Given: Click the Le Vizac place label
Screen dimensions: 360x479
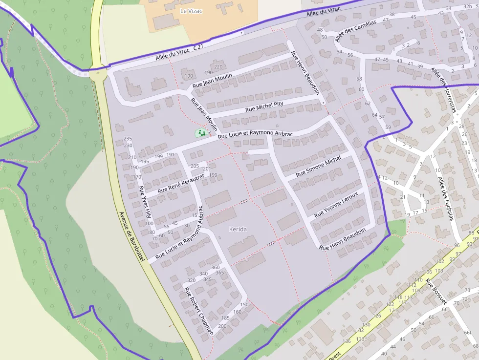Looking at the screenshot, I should coord(191,10).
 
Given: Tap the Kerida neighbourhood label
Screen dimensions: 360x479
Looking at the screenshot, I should coord(238,229).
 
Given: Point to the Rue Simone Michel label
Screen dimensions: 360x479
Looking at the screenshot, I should coord(318,167).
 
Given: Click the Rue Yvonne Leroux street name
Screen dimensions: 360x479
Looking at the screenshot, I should coord(336,204).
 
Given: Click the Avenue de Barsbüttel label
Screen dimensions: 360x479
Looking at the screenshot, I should coord(131,237).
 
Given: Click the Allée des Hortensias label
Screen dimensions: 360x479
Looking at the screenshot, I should coord(444,90).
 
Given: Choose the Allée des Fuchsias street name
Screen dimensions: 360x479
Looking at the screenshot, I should coord(446,198).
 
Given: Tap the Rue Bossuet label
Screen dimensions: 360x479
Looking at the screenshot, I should coord(436,292).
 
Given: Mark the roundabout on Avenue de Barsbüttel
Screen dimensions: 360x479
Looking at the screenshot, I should coord(99,74).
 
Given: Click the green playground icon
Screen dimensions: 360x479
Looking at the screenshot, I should coord(200,132).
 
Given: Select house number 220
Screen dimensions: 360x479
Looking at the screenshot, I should coord(218,67).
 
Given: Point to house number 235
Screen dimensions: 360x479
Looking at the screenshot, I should coord(128,139).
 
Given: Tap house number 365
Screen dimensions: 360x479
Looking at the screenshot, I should coord(220,273).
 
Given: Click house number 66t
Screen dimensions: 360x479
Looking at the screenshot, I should coord(468,333).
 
